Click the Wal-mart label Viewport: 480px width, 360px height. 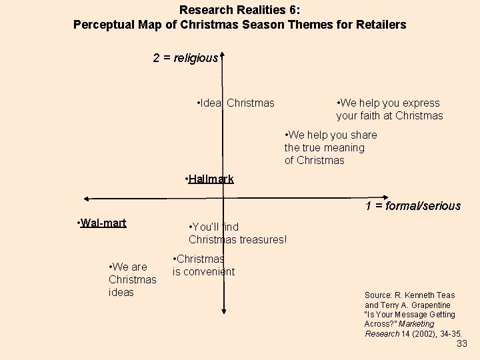tap(103, 223)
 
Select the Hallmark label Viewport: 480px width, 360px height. tap(211, 179)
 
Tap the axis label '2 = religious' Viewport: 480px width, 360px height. tap(185, 58)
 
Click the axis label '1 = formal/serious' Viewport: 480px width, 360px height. tap(413, 205)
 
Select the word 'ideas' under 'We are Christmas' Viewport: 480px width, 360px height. tap(121, 292)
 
